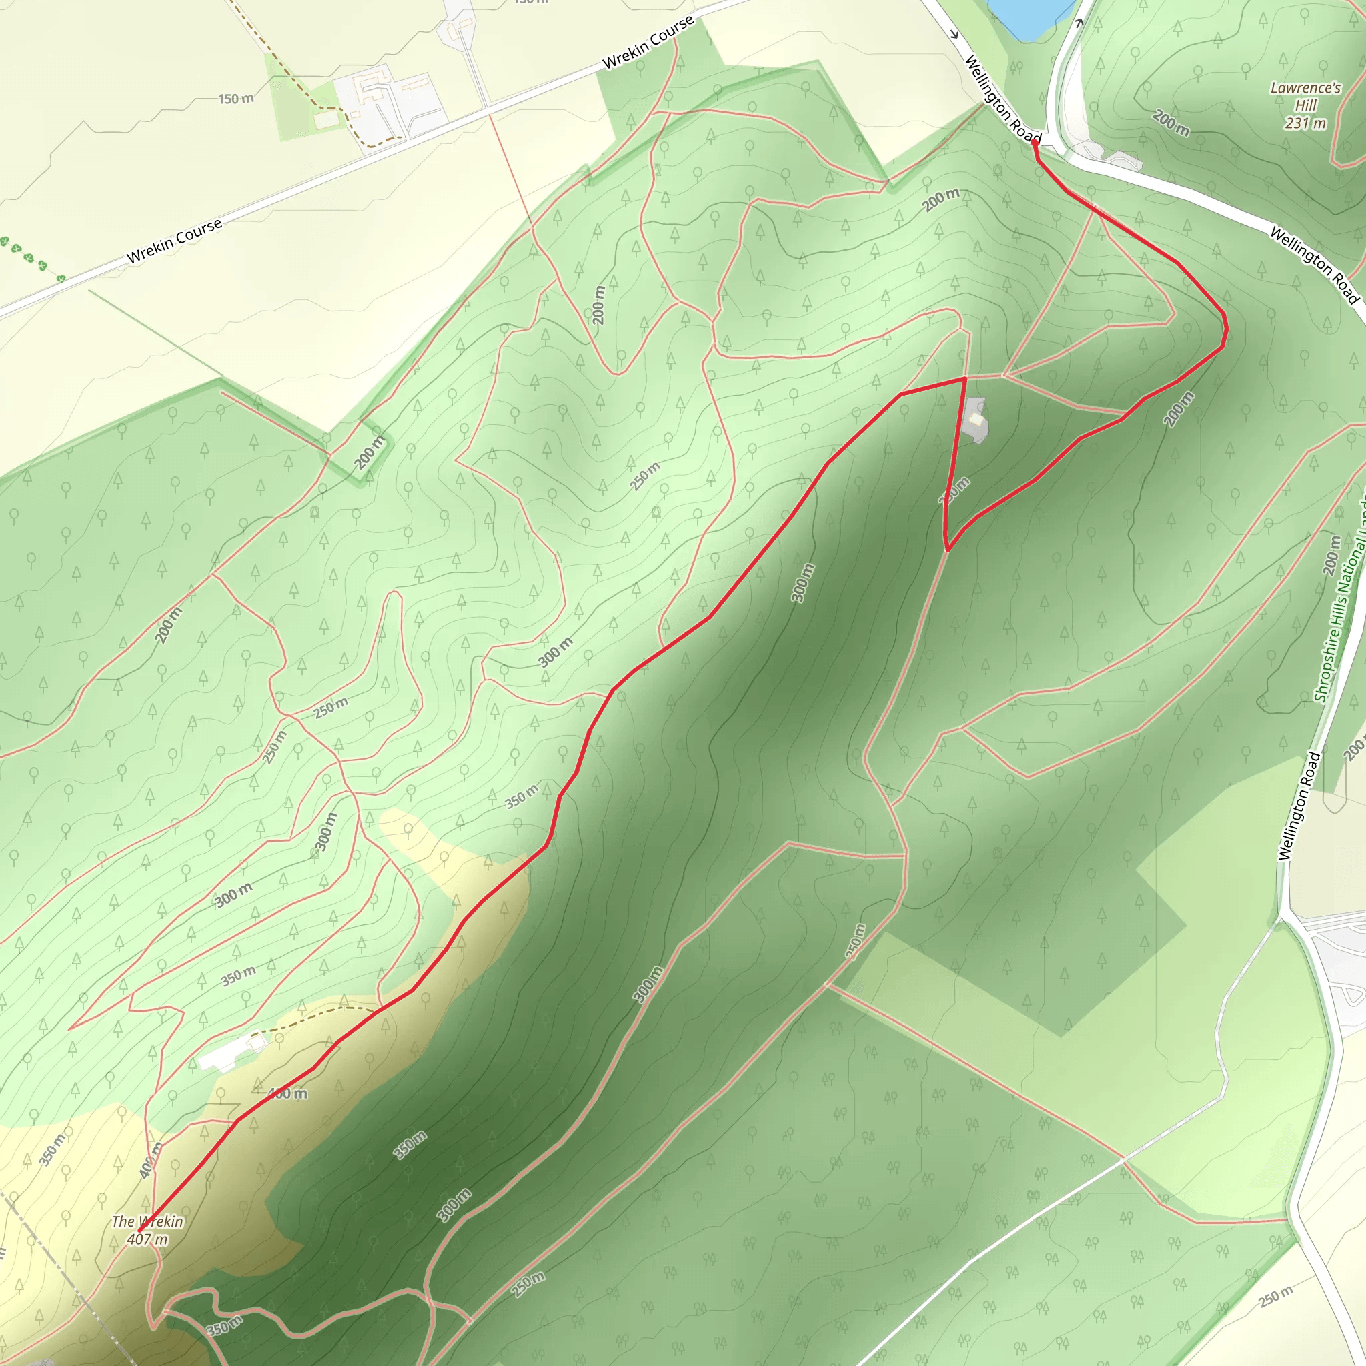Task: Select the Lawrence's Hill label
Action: pyautogui.click(x=1305, y=96)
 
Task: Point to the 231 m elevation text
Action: pyautogui.click(x=1305, y=123)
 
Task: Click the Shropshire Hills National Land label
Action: pyautogui.click(x=1341, y=601)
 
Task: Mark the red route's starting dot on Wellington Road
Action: pyautogui.click(x=1035, y=143)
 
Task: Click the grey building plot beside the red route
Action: pyautogui.click(x=976, y=420)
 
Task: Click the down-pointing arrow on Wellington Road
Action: pyautogui.click(x=954, y=34)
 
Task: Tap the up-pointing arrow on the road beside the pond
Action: pyautogui.click(x=1079, y=23)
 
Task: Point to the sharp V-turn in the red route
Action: pyautogui.click(x=946, y=550)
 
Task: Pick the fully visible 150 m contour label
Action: pyautogui.click(x=235, y=99)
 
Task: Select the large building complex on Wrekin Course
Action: pyautogui.click(x=389, y=103)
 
